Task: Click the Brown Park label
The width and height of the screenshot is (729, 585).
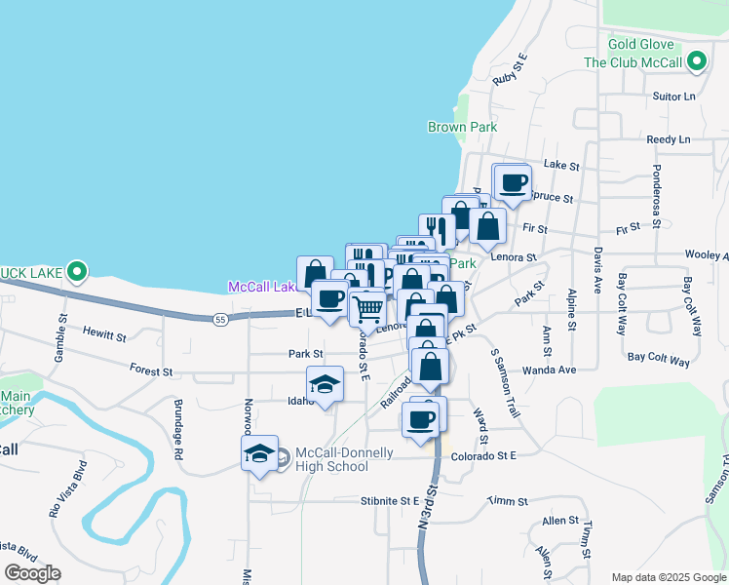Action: [462, 127]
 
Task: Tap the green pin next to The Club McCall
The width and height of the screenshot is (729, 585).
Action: [696, 62]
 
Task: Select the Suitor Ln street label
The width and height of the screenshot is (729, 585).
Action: [675, 97]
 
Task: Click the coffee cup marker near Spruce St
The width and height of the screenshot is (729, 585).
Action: [515, 181]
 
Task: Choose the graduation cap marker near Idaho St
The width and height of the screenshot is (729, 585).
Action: [326, 383]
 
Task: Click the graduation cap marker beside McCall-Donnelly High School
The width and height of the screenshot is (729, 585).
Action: [260, 453]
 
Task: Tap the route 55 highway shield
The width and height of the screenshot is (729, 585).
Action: [221, 318]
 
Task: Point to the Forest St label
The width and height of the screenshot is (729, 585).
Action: [152, 371]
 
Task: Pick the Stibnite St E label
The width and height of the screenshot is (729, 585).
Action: [389, 501]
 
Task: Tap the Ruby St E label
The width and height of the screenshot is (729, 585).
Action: [511, 70]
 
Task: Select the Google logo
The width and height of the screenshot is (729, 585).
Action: [32, 573]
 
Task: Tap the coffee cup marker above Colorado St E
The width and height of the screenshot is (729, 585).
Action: [421, 419]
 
